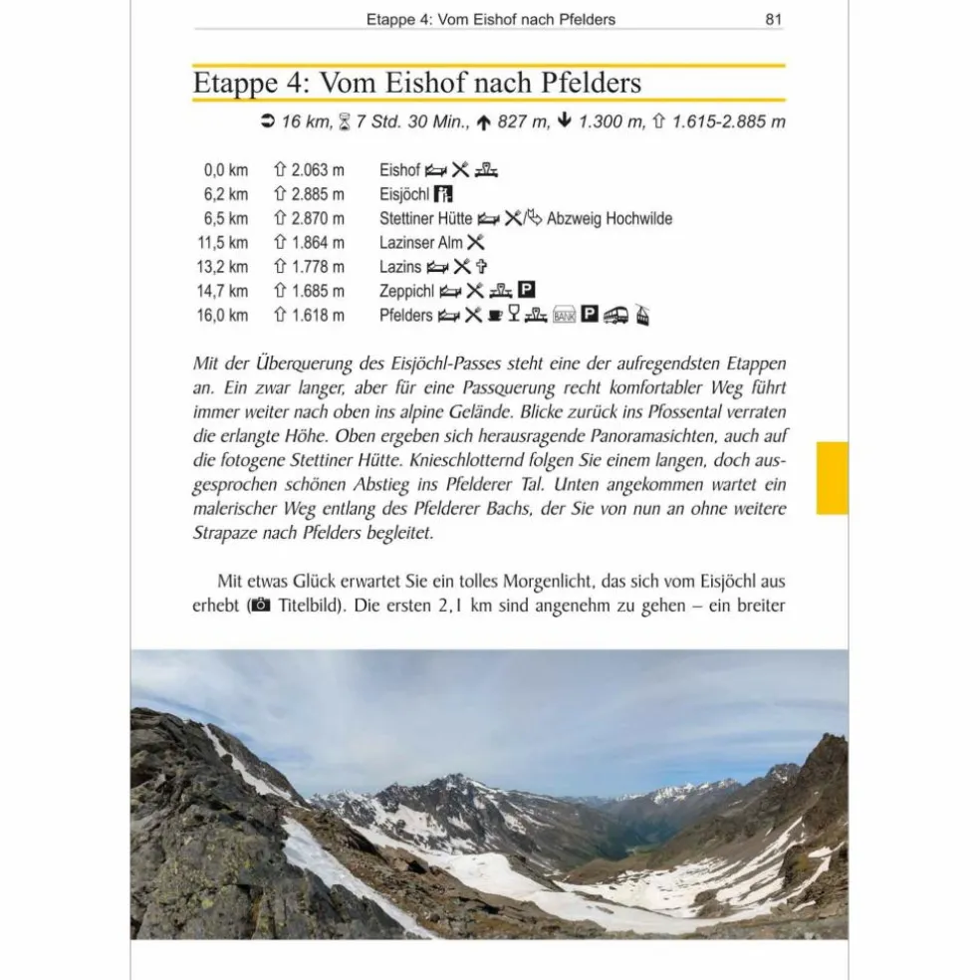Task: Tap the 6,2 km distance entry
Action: point(225,194)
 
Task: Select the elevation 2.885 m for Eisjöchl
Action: point(310,194)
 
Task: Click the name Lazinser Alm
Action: point(420,242)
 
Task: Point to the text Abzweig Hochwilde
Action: point(610,218)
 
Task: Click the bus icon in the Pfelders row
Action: point(617,315)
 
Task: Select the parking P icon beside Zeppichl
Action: point(528,291)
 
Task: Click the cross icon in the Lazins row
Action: point(481,267)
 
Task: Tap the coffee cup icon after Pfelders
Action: point(494,315)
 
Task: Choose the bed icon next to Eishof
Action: point(436,170)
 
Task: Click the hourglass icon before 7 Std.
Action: point(344,122)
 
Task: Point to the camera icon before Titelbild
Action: point(260,606)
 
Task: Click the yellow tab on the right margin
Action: point(832,479)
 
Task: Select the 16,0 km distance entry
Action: point(225,315)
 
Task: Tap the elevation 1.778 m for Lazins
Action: point(310,267)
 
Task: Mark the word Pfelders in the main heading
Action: point(593,83)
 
